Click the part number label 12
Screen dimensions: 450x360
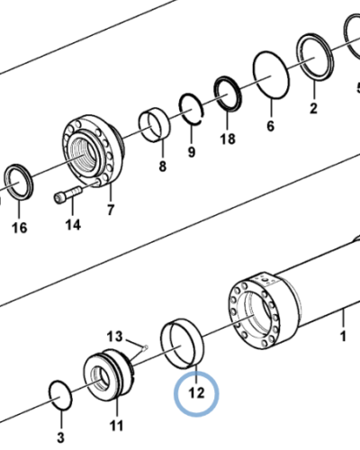pyautogui.click(x=196, y=392)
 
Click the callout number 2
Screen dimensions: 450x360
pyautogui.click(x=313, y=110)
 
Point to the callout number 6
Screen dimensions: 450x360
pyautogui.click(x=269, y=127)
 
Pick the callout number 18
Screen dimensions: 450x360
pyautogui.click(x=227, y=139)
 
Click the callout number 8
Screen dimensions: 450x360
pyautogui.click(x=162, y=166)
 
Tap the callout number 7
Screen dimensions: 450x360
pyautogui.click(x=110, y=211)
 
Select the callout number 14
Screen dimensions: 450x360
pyautogui.click(x=73, y=224)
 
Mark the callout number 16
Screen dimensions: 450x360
pyautogui.click(x=19, y=228)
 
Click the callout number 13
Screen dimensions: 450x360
pyautogui.click(x=113, y=335)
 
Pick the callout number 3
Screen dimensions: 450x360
pyautogui.click(x=61, y=437)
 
